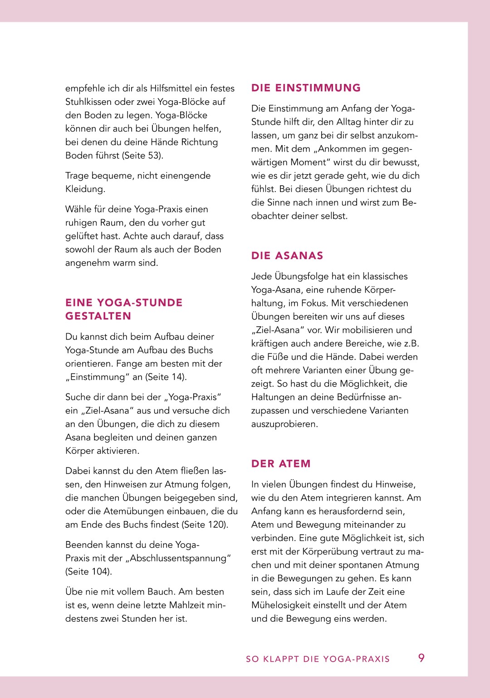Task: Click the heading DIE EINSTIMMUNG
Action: tap(306, 88)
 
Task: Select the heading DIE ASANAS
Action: tap(287, 256)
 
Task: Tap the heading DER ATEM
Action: tap(281, 464)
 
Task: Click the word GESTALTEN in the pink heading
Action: tap(98, 316)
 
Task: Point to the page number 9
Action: tap(421, 658)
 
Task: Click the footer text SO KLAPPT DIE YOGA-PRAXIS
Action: tap(318, 659)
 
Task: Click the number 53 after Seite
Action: tap(154, 156)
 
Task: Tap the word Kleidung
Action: tap(85, 189)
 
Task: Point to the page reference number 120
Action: tap(217, 525)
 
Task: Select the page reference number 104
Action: tap(101, 572)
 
